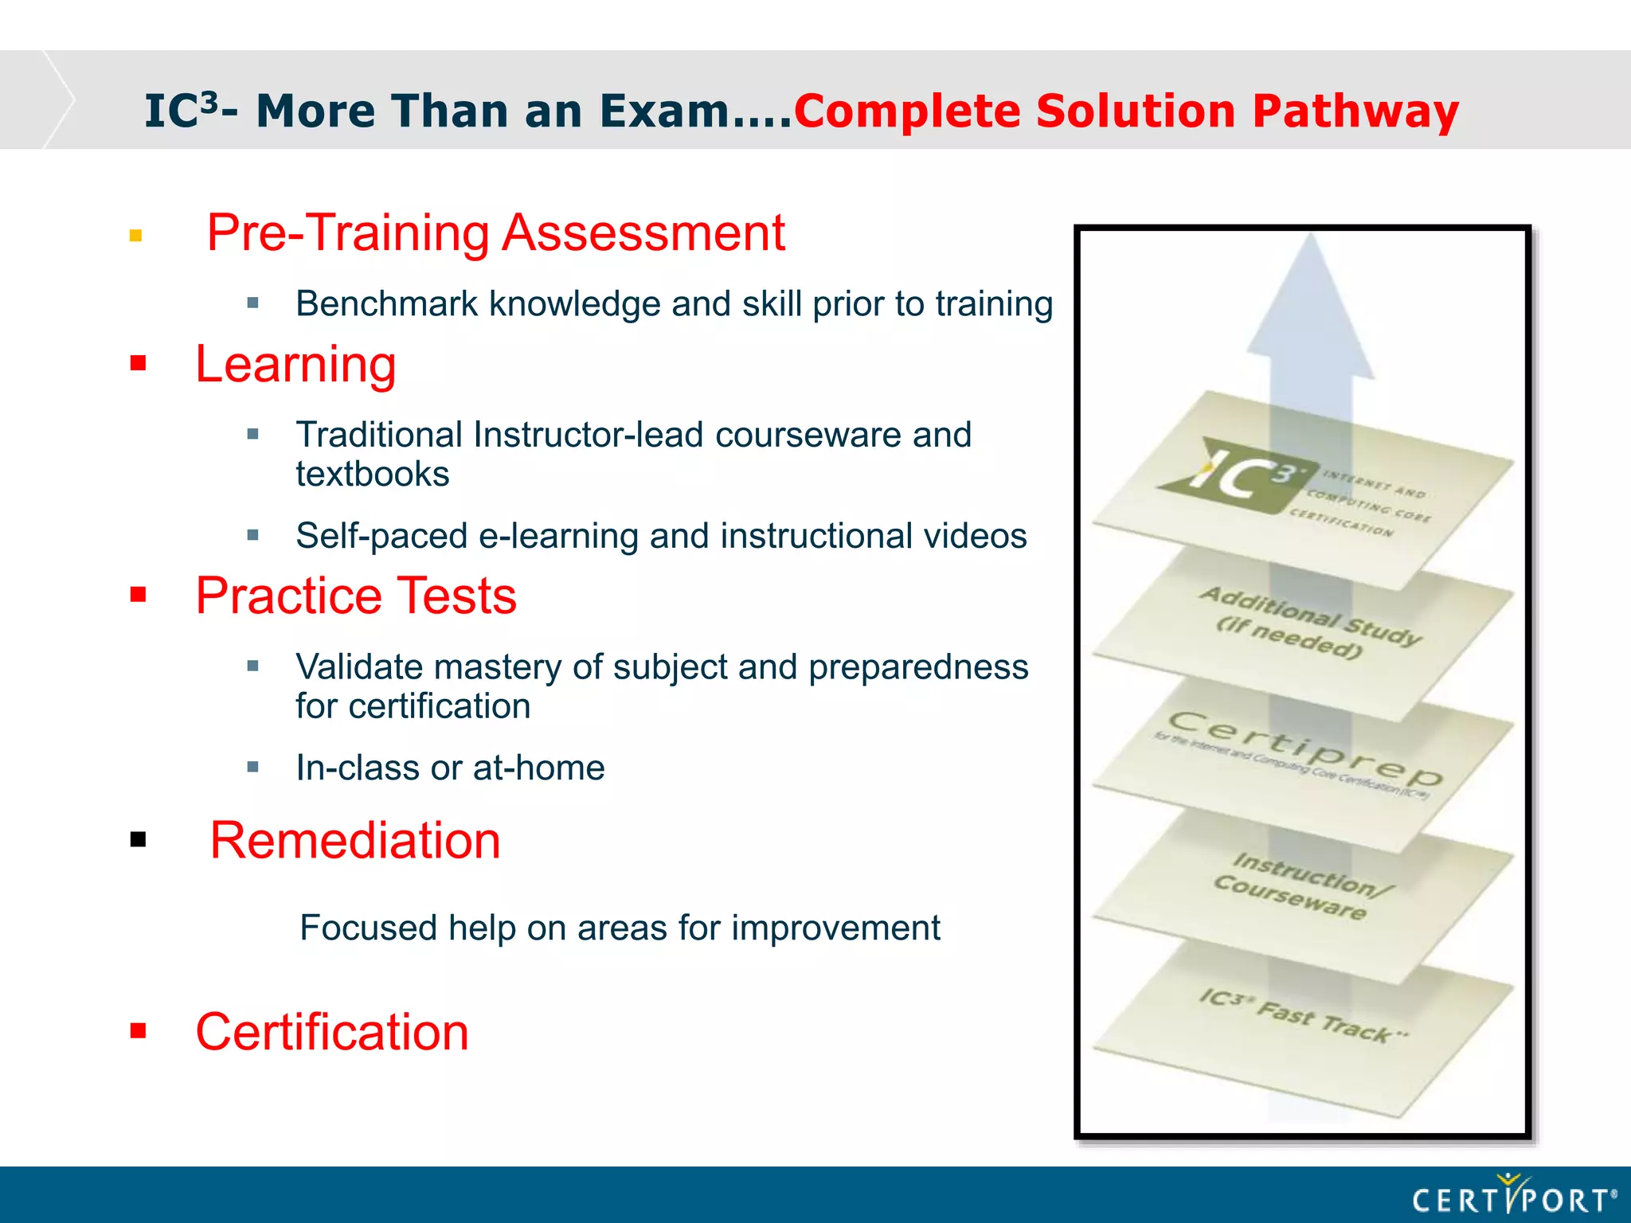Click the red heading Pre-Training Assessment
(x=495, y=233)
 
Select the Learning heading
(x=295, y=365)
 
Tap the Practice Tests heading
(x=356, y=596)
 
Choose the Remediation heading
(x=355, y=840)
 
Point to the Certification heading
(x=332, y=1032)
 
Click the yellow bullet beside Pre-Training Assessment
(x=136, y=236)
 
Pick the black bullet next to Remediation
(x=139, y=839)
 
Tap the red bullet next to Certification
(x=139, y=1031)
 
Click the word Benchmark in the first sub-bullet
(x=386, y=304)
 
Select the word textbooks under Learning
(x=373, y=475)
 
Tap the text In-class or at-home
(x=450, y=768)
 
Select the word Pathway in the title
(x=1355, y=111)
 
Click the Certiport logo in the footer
(x=1513, y=1198)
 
